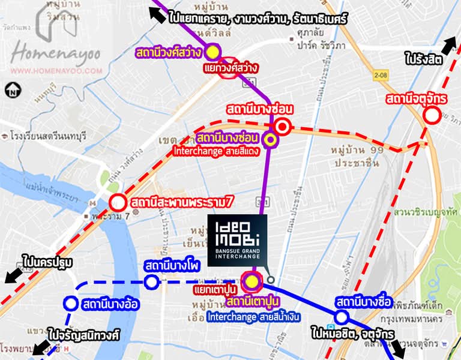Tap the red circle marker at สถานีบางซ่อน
pyautogui.click(x=283, y=127)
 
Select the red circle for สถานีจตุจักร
pyautogui.click(x=431, y=115)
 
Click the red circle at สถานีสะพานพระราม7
pyautogui.click(x=118, y=203)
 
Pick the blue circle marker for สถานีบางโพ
pyautogui.click(x=151, y=281)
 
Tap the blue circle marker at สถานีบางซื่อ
pyautogui.click(x=342, y=317)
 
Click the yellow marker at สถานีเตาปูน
pyautogui.click(x=252, y=281)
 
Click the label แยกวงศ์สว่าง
pyautogui.click(x=230, y=68)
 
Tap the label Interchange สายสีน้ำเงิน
pyautogui.click(x=253, y=316)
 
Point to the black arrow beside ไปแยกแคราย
pyautogui.click(x=157, y=16)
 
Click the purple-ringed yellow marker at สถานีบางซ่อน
pyautogui.click(x=271, y=140)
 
